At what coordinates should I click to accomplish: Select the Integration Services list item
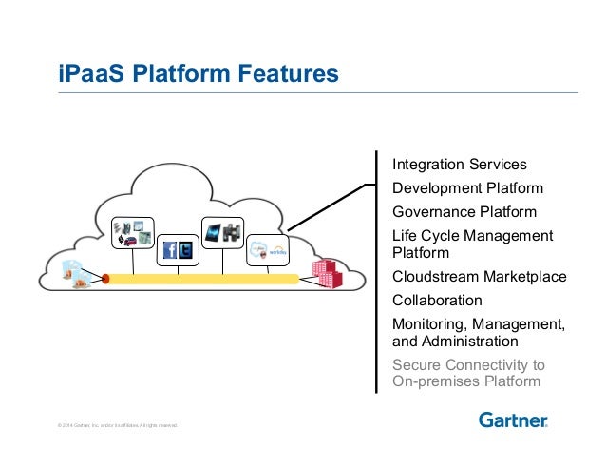pos(459,165)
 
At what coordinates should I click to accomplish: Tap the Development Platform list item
pos(467,188)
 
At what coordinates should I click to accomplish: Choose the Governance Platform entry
pos(464,212)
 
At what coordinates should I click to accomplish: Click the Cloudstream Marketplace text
pos(479,278)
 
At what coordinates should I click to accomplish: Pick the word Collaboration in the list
pos(437,301)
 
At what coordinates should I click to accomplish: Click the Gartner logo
pos(512,420)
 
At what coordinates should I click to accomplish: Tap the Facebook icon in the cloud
pos(170,251)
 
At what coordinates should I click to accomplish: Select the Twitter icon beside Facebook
pos(185,251)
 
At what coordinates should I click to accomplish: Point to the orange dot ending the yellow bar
pos(106,280)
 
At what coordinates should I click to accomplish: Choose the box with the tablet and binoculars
pos(224,233)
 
